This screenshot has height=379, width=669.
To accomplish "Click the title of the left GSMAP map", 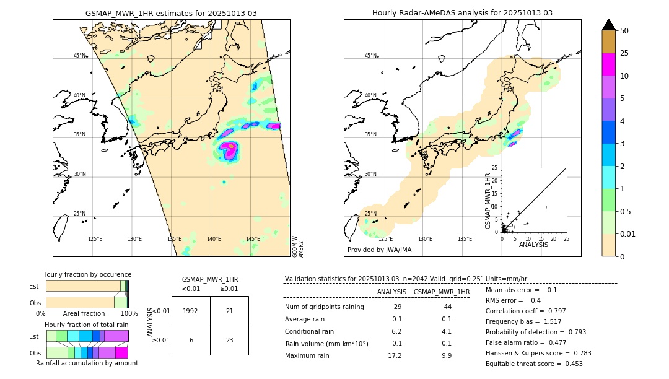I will (171, 13).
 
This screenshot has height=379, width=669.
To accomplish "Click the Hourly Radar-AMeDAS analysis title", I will (462, 13).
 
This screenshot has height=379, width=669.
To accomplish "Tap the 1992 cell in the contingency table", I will (191, 311).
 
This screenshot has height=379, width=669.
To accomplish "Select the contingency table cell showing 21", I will (229, 311).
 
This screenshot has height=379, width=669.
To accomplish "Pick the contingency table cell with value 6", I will (191, 340).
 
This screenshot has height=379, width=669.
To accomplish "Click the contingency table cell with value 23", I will (229, 340).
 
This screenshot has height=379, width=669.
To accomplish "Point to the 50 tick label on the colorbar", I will (624, 31).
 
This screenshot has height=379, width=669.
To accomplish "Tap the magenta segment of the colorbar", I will (608, 64).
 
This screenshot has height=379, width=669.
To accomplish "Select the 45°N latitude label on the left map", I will (80, 56).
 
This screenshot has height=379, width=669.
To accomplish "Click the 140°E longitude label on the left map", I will (214, 239).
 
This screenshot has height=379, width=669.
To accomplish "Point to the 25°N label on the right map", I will (370, 214).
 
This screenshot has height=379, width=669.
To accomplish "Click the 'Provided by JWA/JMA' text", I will (379, 250).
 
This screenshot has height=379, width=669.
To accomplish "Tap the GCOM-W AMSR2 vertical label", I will (298, 245).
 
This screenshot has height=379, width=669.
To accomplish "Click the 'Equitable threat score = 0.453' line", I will (534, 364).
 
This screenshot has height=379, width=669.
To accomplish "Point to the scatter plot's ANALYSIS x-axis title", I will (533, 245).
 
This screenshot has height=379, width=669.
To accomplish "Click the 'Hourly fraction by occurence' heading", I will (87, 274).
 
